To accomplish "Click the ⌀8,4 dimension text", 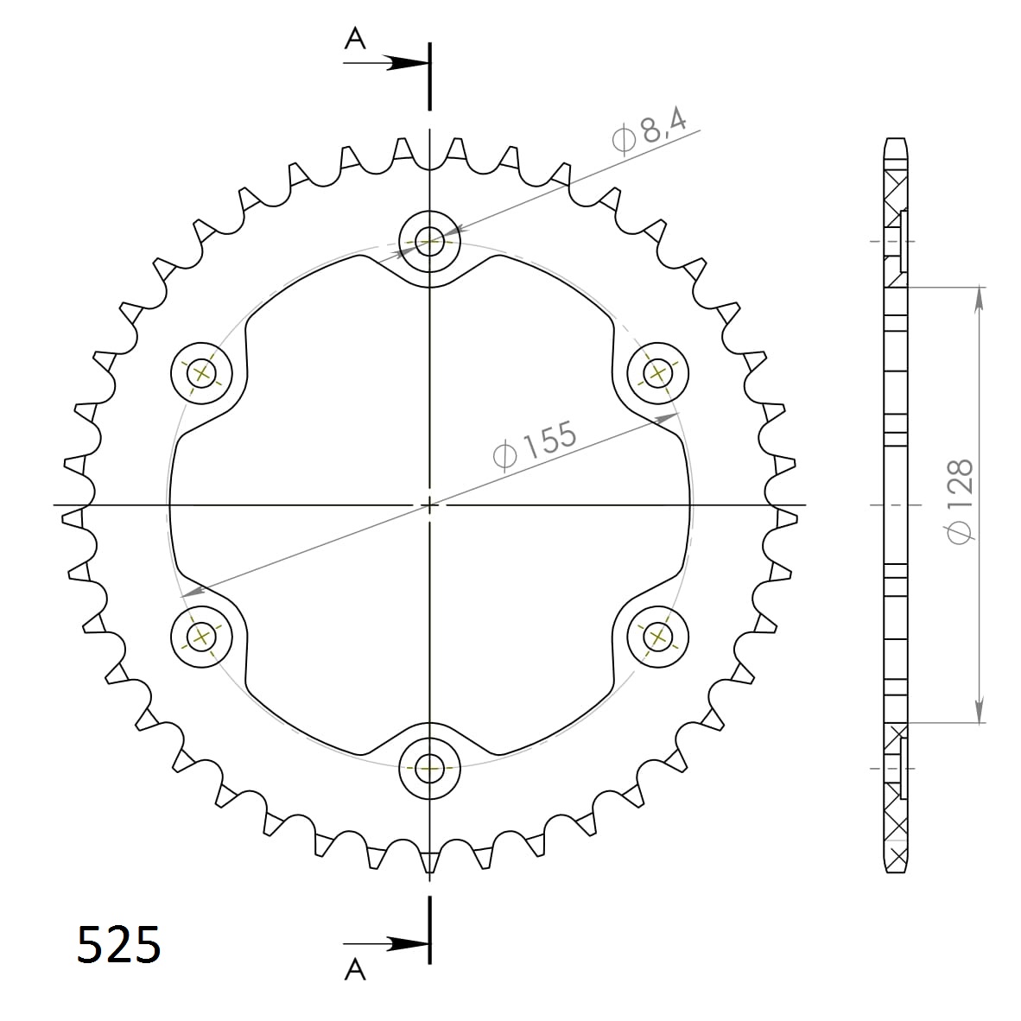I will (649, 132).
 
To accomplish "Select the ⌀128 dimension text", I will (960, 502).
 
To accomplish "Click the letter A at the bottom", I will (354, 971).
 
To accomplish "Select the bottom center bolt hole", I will (429, 767).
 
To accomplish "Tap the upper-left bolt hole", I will (202, 373).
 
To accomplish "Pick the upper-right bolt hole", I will (657, 373).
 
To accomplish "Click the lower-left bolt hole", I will (202, 637).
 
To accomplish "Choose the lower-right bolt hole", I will (657, 637).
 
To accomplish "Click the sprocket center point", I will (429, 504).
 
